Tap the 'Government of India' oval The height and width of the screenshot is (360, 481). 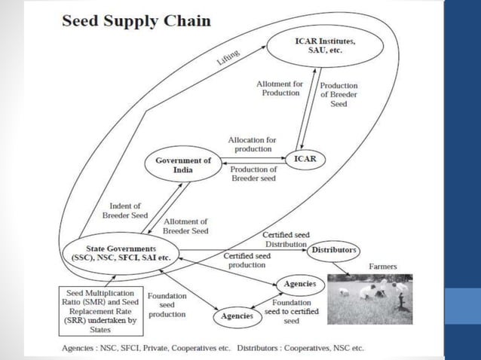(183, 165)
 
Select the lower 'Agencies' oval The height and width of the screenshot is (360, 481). (237, 316)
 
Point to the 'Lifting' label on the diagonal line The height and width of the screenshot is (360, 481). (228, 56)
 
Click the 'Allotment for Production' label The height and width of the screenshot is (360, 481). (280, 88)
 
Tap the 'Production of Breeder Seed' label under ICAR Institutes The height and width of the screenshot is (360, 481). (339, 94)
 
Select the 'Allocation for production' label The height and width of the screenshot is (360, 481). (252, 145)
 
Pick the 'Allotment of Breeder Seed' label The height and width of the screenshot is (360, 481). (185, 227)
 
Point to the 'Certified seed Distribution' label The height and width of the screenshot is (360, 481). (285, 239)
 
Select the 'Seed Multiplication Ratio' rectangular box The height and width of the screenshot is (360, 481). (100, 307)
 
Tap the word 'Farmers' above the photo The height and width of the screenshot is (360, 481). (382, 267)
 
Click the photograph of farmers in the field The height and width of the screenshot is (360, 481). (369, 298)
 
